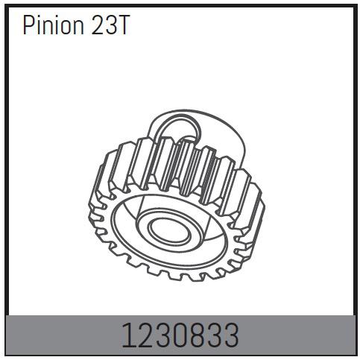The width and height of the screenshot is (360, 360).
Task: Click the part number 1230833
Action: pyautogui.click(x=180, y=336)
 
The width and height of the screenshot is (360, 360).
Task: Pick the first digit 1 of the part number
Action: pyautogui.click(x=127, y=336)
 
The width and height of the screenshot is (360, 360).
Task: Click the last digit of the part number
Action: pyautogui.click(x=232, y=336)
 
